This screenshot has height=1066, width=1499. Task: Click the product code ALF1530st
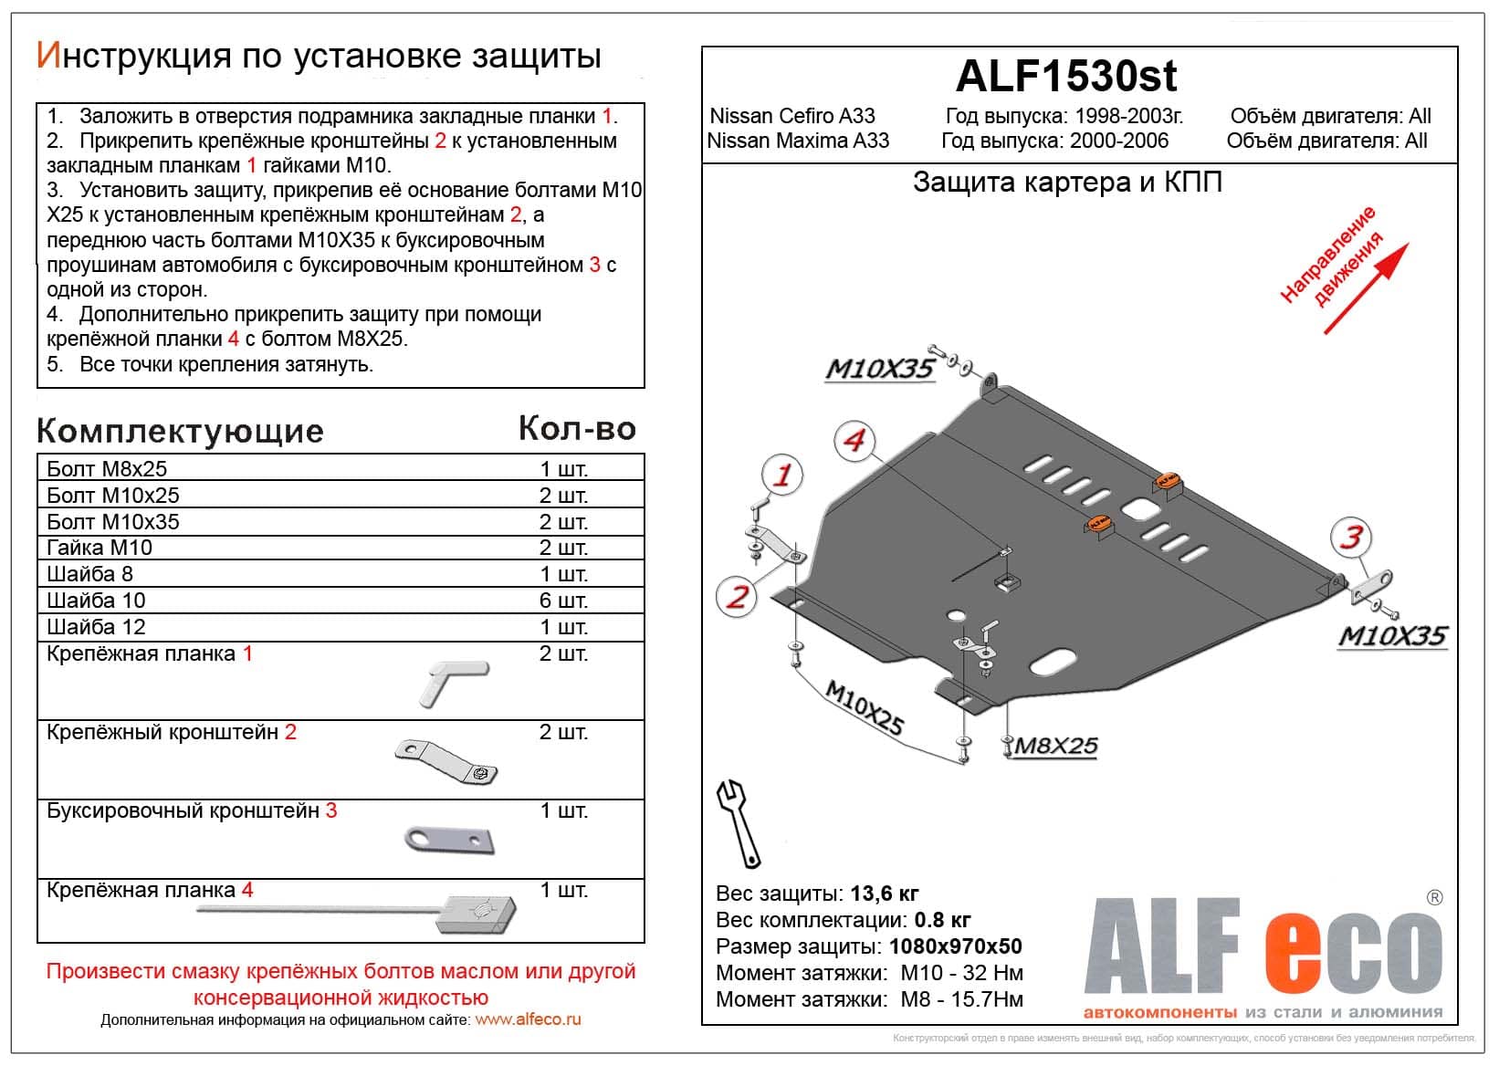coord(1065,77)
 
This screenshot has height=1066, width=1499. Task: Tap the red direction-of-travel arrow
coord(1367,287)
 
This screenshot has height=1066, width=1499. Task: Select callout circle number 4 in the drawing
coord(854,441)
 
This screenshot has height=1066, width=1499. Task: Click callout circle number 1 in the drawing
coord(782,475)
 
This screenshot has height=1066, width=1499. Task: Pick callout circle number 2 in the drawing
coord(737,598)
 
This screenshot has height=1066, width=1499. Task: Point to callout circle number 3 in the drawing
coord(1351,537)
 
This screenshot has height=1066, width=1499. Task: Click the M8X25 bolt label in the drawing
coord(1056,747)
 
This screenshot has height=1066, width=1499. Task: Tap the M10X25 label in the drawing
coord(864,708)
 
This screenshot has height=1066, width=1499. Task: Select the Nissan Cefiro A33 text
coord(791,116)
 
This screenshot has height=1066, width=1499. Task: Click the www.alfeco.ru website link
coord(528,1019)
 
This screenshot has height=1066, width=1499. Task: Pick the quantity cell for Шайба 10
coord(563,601)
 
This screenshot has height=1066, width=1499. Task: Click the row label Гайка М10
coord(100,548)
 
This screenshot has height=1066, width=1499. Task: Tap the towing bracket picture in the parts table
coord(449,840)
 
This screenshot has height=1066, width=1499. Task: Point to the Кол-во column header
coord(577,429)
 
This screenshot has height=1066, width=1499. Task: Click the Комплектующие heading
coord(181,432)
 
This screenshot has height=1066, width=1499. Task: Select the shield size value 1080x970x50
coord(955,946)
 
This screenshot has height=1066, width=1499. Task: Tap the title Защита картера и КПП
coord(1067,183)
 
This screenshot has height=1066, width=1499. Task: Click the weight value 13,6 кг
coord(884,894)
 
